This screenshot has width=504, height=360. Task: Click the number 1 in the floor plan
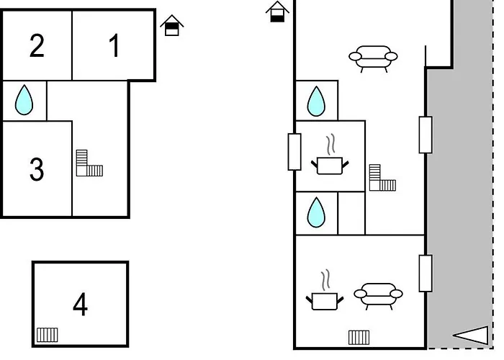pyautogui.click(x=114, y=46)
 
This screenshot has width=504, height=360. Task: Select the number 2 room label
pyautogui.click(x=37, y=46)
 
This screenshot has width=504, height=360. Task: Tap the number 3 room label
pyautogui.click(x=37, y=170)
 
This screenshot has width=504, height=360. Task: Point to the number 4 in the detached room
pyautogui.click(x=80, y=305)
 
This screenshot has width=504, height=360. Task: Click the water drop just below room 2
pyautogui.click(x=24, y=101)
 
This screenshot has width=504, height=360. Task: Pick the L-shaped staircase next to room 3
pyautogui.click(x=89, y=163)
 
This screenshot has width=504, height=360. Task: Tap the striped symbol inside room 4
pyautogui.click(x=47, y=335)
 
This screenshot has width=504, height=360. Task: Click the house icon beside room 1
pyautogui.click(x=171, y=26)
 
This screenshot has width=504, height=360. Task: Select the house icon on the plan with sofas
pyautogui.click(x=277, y=12)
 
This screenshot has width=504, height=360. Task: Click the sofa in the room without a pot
pyautogui.click(x=373, y=58)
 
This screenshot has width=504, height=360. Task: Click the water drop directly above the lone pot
pyautogui.click(x=316, y=102)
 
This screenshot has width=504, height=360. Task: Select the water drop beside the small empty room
pyautogui.click(x=316, y=214)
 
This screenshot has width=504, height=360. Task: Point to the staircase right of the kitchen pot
pyautogui.click(x=382, y=179)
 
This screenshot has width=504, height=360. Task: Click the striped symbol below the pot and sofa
pyautogui.click(x=359, y=337)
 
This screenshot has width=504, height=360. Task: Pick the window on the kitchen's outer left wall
pyautogui.click(x=294, y=151)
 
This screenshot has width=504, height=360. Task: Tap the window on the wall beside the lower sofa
pyautogui.click(x=426, y=273)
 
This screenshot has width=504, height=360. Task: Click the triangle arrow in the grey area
pyautogui.click(x=471, y=335)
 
